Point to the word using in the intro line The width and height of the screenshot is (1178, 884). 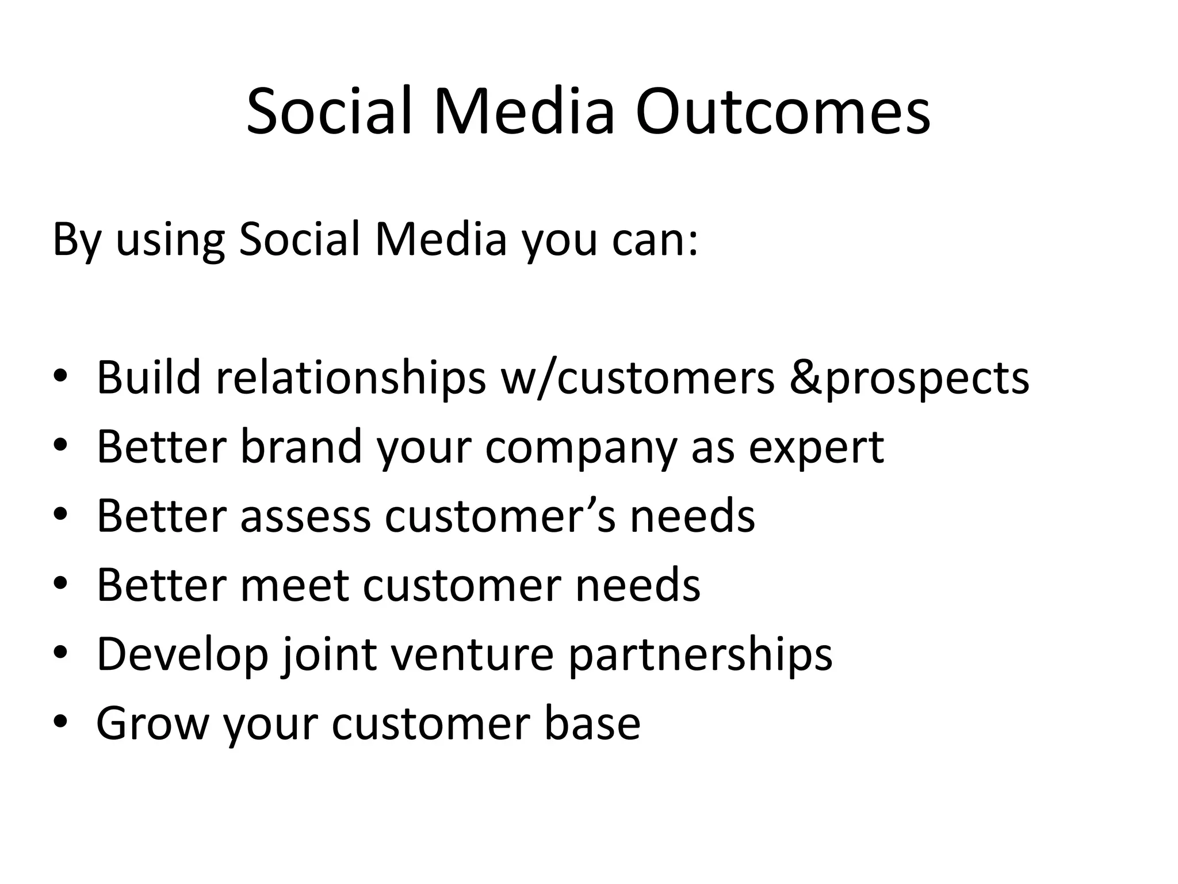click(170, 241)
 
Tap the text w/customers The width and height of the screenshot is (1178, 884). click(638, 378)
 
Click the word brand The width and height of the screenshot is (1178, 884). click(301, 447)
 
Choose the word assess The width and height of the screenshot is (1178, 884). click(305, 516)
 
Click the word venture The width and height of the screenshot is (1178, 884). click(472, 654)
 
